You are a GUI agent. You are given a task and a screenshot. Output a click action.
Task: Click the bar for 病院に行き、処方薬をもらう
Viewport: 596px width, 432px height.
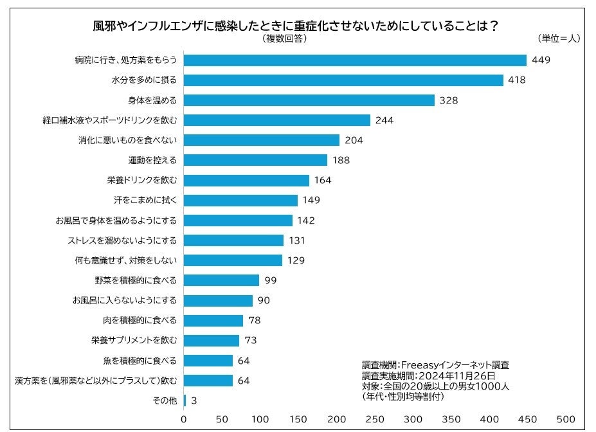355,60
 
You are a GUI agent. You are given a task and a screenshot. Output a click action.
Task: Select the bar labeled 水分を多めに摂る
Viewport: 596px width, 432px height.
343,80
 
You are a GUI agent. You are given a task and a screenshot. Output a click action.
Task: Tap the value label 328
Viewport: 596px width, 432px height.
447,100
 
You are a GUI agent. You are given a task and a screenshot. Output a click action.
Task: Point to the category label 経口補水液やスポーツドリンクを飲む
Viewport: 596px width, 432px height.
110,120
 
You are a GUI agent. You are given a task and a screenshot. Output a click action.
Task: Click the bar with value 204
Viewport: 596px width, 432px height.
262,140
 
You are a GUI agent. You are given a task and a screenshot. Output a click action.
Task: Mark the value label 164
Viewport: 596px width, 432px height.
323,180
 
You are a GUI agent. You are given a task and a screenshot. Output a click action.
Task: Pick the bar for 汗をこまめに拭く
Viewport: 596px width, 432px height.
240,200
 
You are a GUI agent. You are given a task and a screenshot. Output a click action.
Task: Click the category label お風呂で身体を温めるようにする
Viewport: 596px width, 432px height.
116,221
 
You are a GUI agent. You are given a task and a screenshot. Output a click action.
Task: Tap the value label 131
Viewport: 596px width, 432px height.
296,240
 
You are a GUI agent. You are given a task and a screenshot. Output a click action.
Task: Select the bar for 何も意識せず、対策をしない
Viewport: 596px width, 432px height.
233,260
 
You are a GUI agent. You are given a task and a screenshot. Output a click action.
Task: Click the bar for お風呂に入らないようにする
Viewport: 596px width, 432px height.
218,300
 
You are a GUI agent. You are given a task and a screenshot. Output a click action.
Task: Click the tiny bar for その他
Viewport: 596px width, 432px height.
185,401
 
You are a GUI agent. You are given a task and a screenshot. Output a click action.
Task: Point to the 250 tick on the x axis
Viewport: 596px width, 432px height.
375,419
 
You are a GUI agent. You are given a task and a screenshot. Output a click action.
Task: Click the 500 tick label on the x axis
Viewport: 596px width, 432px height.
566,419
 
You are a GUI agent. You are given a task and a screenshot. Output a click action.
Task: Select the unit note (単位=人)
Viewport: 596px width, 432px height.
558,38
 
